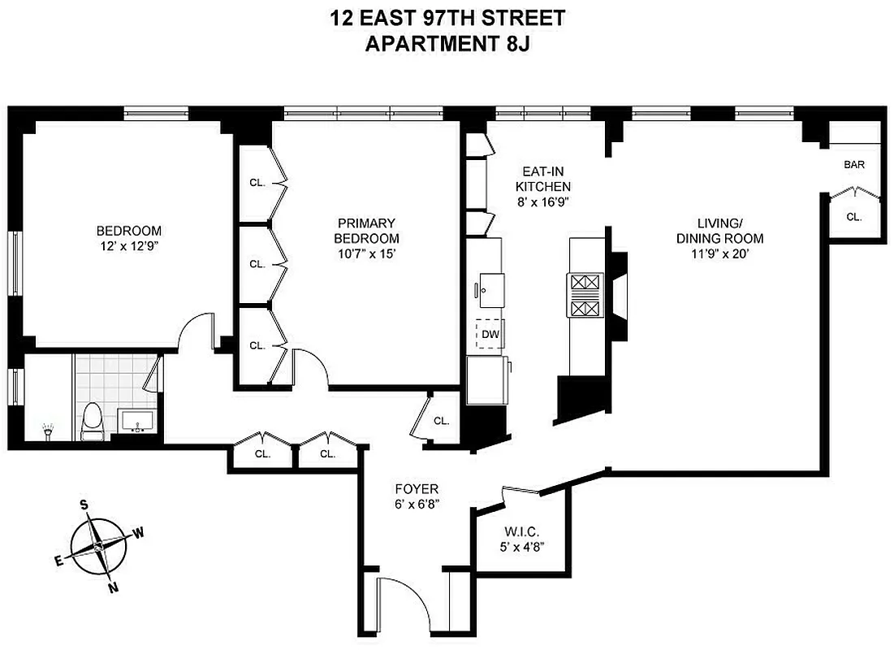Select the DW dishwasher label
tap(490, 333)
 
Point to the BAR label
tap(854, 165)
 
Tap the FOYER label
tap(417, 489)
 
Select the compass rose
tap(97, 547)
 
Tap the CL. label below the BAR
tap(853, 217)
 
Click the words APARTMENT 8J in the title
tap(447, 43)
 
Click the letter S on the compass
tap(83, 505)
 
